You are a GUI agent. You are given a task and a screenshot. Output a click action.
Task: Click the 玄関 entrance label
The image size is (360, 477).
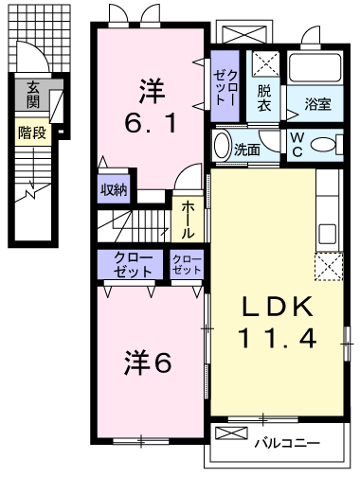point(33,95)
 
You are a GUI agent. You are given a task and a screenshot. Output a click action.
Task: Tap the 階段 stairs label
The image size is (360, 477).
point(32,132)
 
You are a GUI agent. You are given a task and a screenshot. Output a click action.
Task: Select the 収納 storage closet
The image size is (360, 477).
point(114,189)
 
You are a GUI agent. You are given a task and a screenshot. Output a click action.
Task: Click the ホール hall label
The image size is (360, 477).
point(188,220)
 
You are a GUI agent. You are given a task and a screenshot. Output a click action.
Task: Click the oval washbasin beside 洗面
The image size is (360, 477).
point(223,145)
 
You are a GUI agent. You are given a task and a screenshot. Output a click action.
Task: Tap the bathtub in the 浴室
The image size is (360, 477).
point(315,68)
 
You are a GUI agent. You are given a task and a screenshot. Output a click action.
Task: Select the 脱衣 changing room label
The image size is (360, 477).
point(264,97)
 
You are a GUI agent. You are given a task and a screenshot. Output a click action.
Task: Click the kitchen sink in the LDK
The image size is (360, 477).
point(328,234)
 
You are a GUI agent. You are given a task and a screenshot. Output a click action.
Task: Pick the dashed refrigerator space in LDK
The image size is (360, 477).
point(329,266)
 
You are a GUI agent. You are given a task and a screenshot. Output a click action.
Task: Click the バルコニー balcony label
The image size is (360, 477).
point(287,444)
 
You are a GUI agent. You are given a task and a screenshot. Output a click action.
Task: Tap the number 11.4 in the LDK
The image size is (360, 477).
point(278,338)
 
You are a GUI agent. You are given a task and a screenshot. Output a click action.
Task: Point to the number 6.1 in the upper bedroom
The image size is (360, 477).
point(151,123)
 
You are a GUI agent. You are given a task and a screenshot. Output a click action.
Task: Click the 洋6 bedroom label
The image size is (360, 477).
point(148,363)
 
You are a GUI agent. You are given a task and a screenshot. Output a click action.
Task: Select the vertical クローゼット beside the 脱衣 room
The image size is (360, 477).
point(225,86)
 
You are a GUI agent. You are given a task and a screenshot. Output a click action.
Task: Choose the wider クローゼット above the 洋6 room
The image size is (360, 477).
point(130,264)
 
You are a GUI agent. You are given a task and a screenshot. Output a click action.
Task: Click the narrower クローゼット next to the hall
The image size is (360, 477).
point(187,264)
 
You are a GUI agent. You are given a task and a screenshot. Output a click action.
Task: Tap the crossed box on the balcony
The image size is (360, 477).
point(231,433)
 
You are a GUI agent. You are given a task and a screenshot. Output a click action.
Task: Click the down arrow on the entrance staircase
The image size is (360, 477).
point(32,168)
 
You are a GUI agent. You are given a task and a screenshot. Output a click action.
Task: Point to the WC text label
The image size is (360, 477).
point(297,145)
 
